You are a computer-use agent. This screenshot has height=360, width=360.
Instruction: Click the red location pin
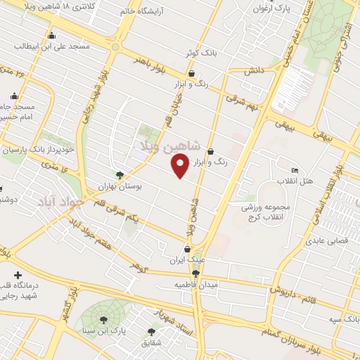[180, 166]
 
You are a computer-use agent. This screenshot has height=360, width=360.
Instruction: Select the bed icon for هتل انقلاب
[295, 171]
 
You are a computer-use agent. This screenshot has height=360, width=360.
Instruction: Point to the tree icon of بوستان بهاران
[120, 176]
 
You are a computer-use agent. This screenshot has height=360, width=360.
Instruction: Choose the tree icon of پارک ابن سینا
[103, 321]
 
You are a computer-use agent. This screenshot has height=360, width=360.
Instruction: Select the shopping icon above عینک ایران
[186, 248]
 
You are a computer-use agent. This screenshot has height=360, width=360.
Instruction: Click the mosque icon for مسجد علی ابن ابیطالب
[52, 36]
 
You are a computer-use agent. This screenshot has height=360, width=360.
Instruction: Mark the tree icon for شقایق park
[151, 332]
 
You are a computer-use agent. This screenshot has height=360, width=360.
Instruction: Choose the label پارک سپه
[342, 319]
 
